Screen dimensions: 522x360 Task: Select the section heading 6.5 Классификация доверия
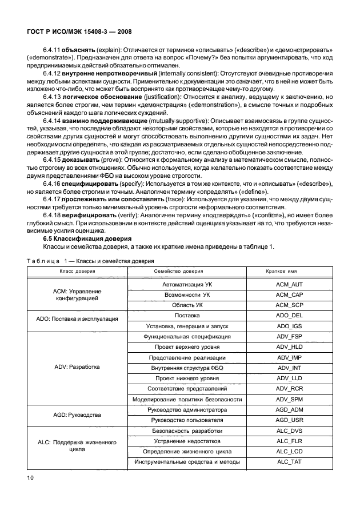click(88, 238)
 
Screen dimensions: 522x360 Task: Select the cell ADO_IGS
click(288, 326)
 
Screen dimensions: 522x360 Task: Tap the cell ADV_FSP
click(288, 337)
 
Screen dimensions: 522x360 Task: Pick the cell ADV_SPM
click(288, 399)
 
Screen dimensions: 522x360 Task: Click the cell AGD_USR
click(288, 420)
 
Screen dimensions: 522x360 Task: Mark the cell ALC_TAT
click(288, 461)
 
